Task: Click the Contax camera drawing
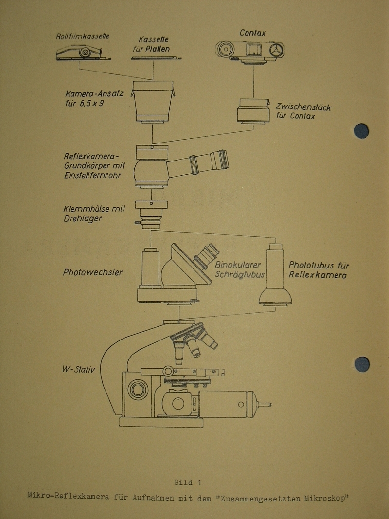point(250,50)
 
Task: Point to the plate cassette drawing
point(156,58)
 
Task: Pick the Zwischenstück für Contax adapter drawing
point(253,111)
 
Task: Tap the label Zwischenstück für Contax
point(303,111)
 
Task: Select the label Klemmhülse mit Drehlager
point(94,214)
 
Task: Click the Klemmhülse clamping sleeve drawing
point(151,214)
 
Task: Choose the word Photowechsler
point(92,272)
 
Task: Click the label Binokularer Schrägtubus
point(239,269)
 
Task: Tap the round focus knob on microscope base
point(138,389)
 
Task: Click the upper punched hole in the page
point(361,131)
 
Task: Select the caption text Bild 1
point(187,483)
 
